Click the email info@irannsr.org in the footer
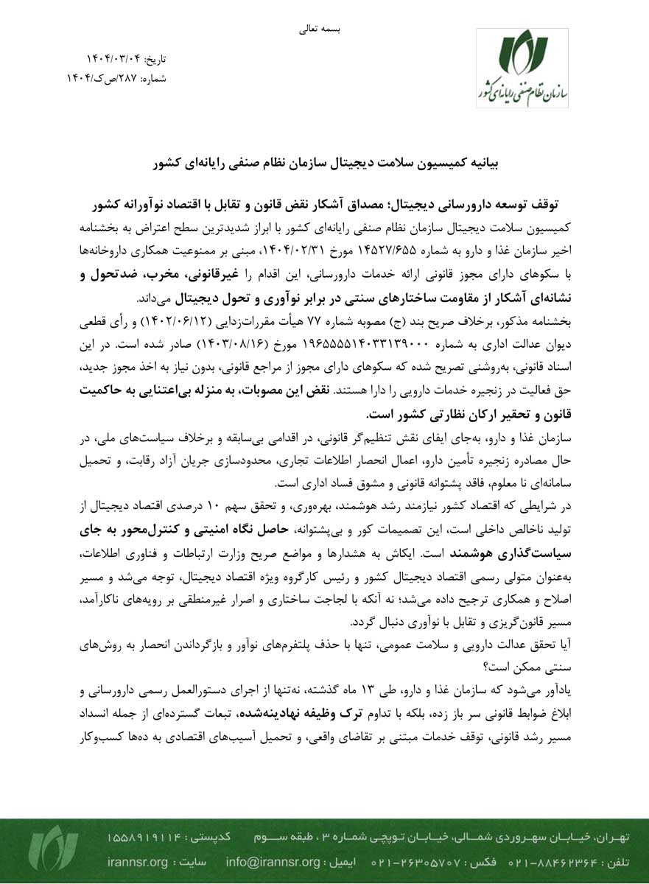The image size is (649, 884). point(273,862)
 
